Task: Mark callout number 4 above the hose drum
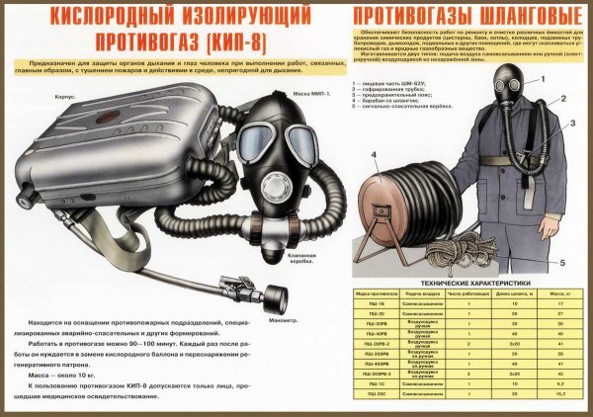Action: click(374, 155)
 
